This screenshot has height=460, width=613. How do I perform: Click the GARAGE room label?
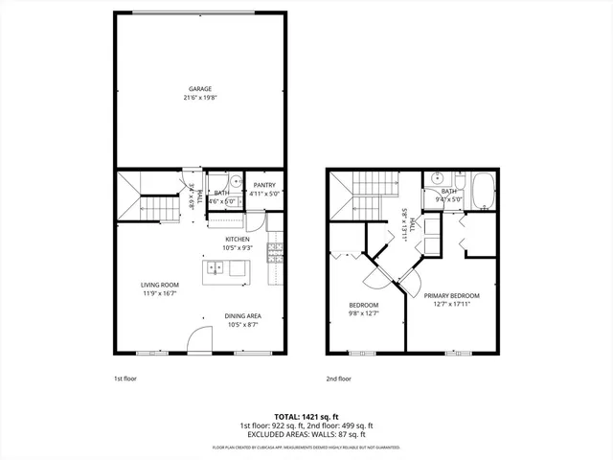pos(199,88)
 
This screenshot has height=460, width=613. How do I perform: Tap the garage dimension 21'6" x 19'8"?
pos(199,98)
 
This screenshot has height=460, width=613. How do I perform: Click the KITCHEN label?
pos(238,239)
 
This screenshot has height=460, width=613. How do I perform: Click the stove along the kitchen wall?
pos(274,252)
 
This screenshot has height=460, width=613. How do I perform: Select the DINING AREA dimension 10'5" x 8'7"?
pos(243,325)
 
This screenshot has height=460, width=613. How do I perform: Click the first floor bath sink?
pos(235,179)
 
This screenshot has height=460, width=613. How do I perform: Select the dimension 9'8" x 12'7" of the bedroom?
pos(364,312)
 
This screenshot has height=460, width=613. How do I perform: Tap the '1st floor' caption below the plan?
pos(125,379)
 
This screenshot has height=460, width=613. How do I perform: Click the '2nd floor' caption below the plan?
pos(339,379)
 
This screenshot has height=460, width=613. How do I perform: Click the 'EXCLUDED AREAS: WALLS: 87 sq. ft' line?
pos(306,434)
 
